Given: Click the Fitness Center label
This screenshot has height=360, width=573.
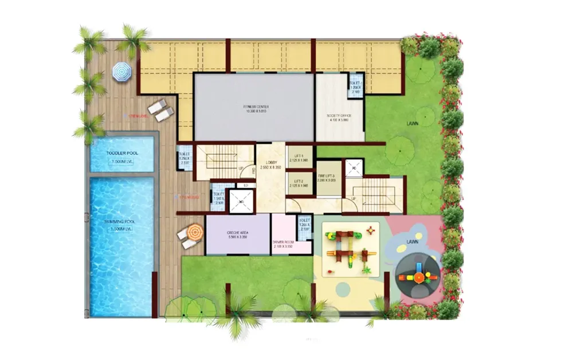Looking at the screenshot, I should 253,107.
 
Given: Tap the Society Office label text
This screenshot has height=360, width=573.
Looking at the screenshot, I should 340,115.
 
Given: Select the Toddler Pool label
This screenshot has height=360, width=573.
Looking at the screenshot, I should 122,153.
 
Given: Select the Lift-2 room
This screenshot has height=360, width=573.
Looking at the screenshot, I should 300,183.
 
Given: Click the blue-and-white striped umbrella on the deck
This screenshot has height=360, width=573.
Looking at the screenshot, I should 121,72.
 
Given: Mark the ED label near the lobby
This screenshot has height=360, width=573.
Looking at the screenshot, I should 245,185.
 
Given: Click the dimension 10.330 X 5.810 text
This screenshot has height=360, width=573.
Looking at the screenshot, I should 253,112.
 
